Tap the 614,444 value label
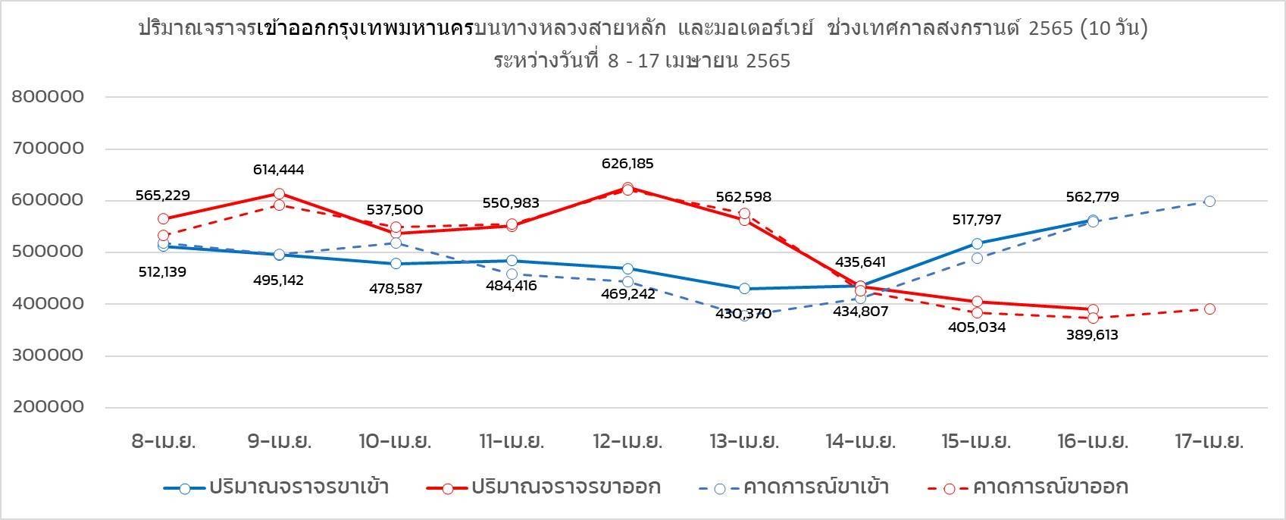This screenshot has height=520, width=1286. click(x=278, y=170)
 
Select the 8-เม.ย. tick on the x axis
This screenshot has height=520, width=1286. click(x=162, y=441)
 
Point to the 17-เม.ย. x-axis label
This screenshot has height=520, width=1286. click(x=1208, y=441)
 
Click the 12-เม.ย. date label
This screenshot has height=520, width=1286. click(x=628, y=441)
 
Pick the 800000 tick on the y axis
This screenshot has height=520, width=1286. click(x=48, y=97)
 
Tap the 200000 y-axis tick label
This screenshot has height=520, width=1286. click(x=48, y=407)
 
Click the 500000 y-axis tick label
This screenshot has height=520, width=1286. click(x=48, y=252)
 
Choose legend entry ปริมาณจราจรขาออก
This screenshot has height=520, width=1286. click(x=565, y=487)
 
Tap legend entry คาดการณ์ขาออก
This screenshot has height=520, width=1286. click(x=1050, y=487)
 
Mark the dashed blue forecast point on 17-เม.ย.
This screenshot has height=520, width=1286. click(x=1209, y=202)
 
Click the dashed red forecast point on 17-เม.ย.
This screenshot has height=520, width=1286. click(x=1209, y=309)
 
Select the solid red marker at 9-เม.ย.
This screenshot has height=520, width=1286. click(x=279, y=194)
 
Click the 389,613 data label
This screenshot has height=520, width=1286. click(x=1092, y=335)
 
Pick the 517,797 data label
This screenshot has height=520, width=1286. click(x=976, y=220)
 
